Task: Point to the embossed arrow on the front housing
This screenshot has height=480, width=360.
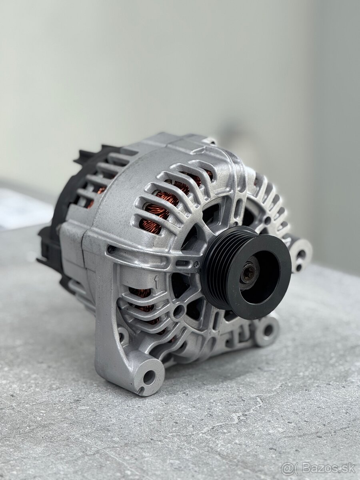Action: [x=156, y=282]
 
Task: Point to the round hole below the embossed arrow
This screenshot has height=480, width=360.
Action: [x=178, y=311]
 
